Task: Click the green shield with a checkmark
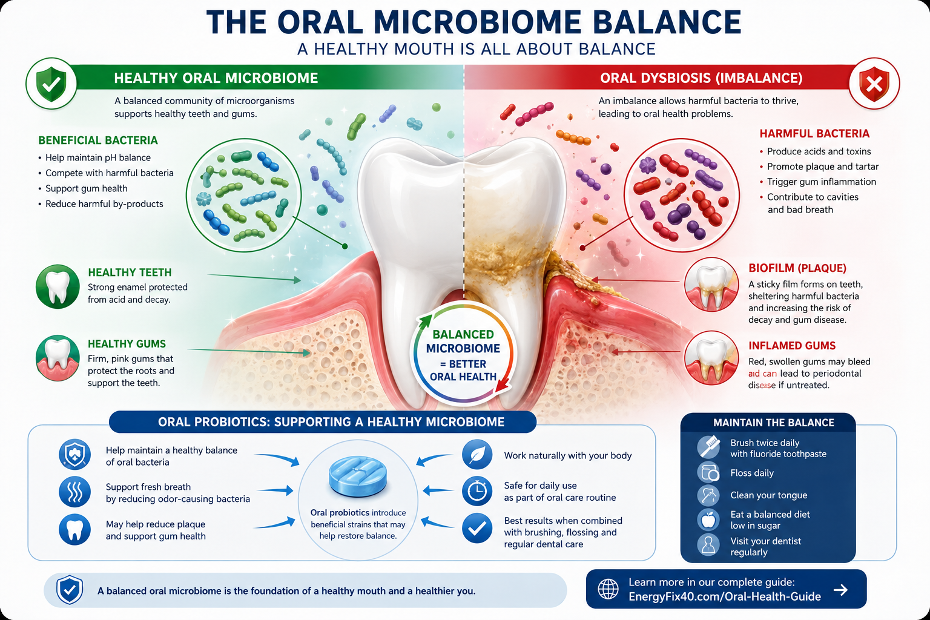[51, 84]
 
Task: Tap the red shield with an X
[874, 84]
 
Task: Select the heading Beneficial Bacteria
[98, 140]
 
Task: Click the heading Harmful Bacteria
[814, 134]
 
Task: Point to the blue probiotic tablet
[357, 477]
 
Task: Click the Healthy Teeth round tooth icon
[58, 286]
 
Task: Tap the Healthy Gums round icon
[58, 358]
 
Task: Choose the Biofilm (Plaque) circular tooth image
[711, 285]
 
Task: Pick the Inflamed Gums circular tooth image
[711, 358]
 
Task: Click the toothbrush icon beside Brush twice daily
[708, 447]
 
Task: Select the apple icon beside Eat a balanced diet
[708, 519]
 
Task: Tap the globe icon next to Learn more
[608, 589]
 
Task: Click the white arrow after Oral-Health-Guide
[841, 590]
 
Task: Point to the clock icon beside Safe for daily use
[477, 491]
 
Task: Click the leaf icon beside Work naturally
[477, 455]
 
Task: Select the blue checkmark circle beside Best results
[477, 528]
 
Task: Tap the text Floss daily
[752, 473]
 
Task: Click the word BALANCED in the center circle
[463, 335]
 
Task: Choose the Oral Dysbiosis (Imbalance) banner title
[701, 78]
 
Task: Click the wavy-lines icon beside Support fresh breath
[74, 492]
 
